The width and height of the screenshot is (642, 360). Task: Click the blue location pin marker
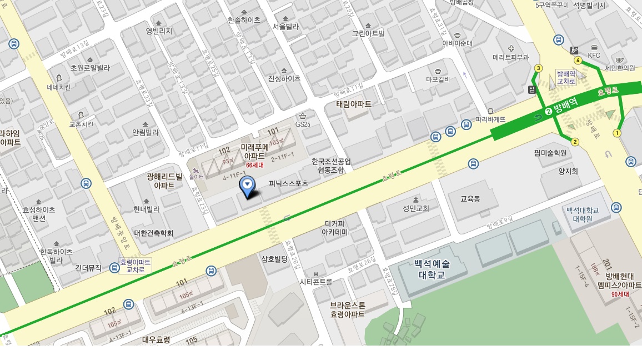pos(247,184)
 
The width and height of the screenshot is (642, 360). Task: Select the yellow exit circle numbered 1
pos(616,133)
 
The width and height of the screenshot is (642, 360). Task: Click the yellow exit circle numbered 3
pos(538,68)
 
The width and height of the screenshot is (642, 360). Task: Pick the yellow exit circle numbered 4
pos(578,60)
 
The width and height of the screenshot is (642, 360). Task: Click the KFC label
pos(594,56)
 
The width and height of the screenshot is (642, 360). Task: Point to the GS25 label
pos(303,124)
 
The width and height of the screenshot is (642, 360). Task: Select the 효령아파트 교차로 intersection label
pos(136,266)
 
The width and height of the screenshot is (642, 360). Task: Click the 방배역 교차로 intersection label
pos(565,77)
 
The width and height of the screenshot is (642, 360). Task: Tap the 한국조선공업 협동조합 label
pos(331,166)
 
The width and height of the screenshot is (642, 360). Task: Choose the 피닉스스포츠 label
pos(288,183)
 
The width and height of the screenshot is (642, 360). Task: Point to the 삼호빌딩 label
pos(274,258)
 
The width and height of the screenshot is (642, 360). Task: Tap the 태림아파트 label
pos(354,104)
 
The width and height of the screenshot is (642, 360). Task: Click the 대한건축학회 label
pos(154,233)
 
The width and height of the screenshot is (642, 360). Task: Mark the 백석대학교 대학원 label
pos(583,214)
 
